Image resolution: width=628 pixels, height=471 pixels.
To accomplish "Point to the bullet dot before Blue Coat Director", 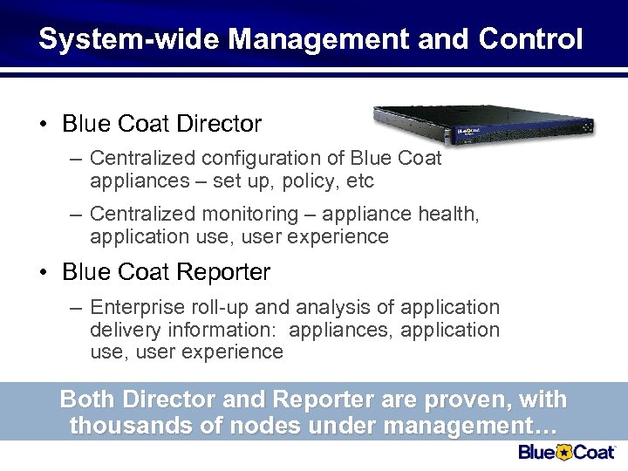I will pyautogui.click(x=43, y=125).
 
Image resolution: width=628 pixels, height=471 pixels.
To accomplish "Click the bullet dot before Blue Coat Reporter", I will pyautogui.click(x=43, y=273).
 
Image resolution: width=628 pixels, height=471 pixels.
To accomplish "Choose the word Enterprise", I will pyautogui.click(x=135, y=308).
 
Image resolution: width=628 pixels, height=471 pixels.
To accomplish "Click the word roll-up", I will pyautogui.click(x=220, y=308).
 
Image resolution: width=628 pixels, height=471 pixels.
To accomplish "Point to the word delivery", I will pyautogui.click(x=122, y=331).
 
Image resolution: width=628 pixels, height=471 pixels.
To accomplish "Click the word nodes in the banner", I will pyautogui.click(x=256, y=427).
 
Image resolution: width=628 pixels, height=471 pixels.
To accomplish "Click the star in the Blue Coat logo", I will pyautogui.click(x=564, y=452).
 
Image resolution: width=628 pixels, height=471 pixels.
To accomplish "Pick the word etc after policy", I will pyautogui.click(x=359, y=181).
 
